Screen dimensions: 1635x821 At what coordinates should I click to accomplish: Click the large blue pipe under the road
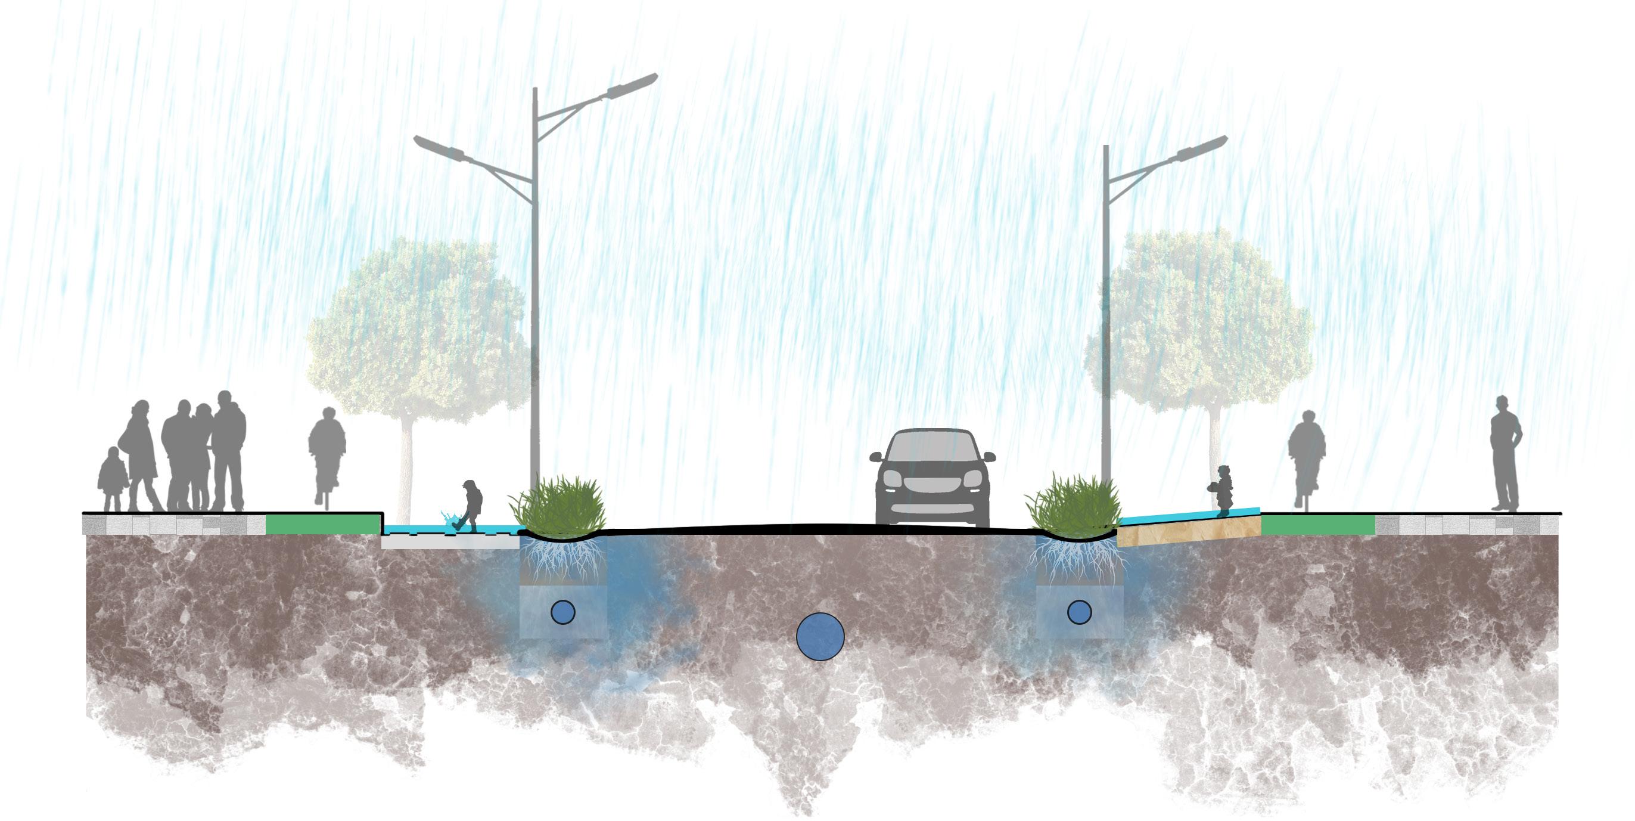[x=820, y=636]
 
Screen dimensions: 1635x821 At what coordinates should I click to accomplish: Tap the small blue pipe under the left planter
[x=562, y=612]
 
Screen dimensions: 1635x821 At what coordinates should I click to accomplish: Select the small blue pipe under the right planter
[x=1079, y=612]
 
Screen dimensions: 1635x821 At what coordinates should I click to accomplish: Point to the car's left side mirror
[x=876, y=456]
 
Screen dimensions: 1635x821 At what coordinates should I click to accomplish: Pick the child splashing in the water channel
[x=470, y=504]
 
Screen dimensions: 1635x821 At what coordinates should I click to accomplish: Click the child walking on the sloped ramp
[x=1223, y=489]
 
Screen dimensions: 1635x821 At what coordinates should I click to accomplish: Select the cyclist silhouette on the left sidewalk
[x=327, y=452]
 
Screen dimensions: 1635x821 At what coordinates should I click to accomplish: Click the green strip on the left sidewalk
[x=322, y=525]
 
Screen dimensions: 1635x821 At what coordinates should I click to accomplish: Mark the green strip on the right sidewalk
[x=1317, y=525]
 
